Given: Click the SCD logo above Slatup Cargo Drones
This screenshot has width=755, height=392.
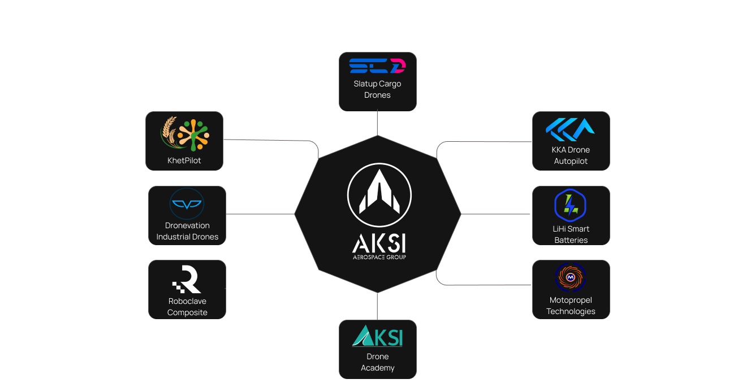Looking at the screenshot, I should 377,66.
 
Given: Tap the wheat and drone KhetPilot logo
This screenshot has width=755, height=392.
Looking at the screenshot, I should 184,134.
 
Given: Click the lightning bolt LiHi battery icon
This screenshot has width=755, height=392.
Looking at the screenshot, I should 571,205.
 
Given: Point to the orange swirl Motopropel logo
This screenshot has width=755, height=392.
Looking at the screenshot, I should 571,277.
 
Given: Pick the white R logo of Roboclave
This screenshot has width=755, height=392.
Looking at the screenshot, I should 187,280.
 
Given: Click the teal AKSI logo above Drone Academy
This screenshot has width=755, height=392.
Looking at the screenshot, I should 377,336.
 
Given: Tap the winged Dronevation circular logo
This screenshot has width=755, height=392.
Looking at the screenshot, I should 187,204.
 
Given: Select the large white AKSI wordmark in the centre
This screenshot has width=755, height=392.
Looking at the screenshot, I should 378,244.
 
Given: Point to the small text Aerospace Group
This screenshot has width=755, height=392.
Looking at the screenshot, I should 378,257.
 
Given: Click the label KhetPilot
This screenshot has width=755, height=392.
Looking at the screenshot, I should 184,160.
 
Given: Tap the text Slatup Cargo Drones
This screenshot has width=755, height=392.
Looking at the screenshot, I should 377,89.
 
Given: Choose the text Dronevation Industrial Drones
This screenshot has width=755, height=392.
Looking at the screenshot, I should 187,231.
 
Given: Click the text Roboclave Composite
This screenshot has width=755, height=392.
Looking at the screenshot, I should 187,307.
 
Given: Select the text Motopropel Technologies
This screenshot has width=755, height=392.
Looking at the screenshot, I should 571,306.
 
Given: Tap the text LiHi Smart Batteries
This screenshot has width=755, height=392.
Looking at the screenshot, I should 571,234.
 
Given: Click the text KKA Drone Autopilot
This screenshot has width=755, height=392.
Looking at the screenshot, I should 571,155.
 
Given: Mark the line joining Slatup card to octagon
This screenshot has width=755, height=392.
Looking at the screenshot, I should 377,123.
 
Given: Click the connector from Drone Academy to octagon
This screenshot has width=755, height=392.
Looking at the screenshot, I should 377,306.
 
